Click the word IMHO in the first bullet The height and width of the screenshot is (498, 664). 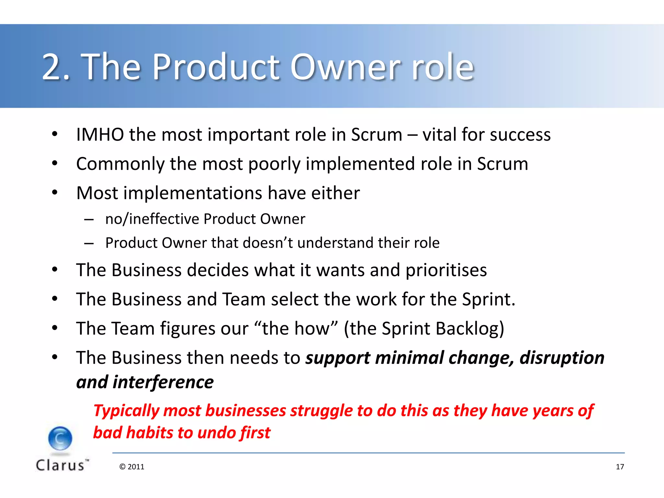coord(100,135)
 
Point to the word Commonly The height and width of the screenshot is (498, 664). coord(120,164)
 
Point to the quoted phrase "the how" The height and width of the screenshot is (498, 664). coord(296,329)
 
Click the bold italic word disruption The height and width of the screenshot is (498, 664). coord(562,358)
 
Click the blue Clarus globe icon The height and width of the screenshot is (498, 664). coord(60,438)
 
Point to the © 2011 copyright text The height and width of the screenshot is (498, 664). coord(132,467)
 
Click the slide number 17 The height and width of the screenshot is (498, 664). coord(620,467)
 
